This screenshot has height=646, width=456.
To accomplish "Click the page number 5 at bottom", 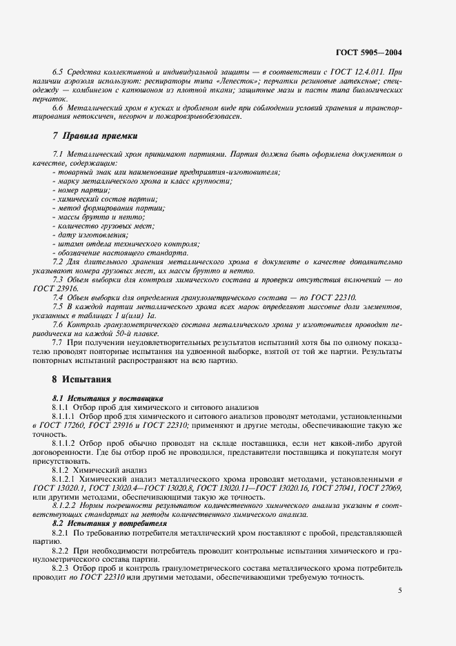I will click(x=400, y=591).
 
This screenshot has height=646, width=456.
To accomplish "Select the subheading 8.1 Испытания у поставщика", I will click(x=108, y=398).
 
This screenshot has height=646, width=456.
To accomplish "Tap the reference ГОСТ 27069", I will click(x=378, y=488).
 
